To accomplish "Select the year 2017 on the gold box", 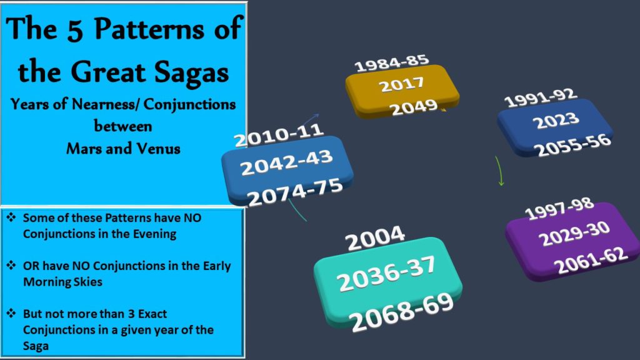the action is click(402, 84).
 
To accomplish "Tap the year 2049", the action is click(414, 107).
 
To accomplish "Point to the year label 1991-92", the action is click(541, 98).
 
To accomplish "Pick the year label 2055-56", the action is click(574, 145).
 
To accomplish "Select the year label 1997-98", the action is click(559, 209).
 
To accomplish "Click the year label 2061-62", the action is click(591, 259).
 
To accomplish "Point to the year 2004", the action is click(375, 238).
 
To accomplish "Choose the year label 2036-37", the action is click(386, 273).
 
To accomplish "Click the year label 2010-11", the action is click(279, 135).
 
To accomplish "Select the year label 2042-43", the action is click(286, 162).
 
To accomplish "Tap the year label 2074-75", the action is click(295, 192).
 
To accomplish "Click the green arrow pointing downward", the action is click(499, 171).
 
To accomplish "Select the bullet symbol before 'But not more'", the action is click(11, 314).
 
